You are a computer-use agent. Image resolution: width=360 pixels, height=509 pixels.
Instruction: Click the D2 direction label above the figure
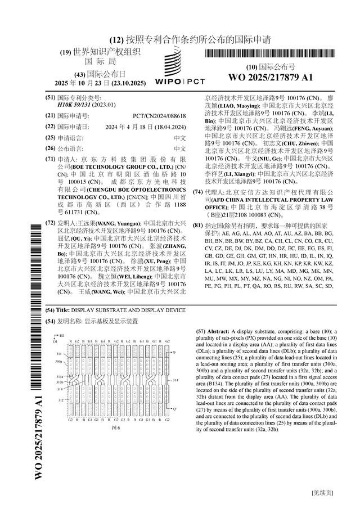click(x=61, y=335)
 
